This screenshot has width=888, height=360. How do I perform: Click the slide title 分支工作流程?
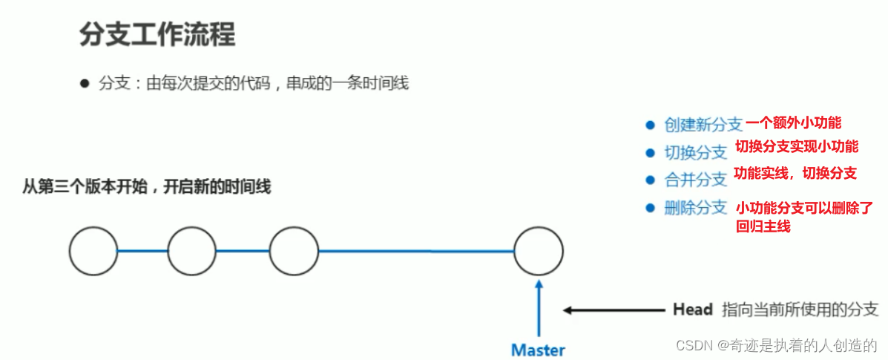[x=157, y=35]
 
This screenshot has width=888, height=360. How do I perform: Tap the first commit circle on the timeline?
[x=93, y=251]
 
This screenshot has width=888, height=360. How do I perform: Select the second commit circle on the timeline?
[x=191, y=251]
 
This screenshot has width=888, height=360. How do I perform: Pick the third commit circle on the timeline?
[x=294, y=251]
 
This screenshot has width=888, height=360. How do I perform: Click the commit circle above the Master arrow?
[x=539, y=251]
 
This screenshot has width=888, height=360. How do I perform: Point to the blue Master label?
[x=539, y=350]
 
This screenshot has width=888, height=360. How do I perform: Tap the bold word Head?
[x=692, y=310]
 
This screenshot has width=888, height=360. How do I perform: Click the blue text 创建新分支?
[x=703, y=125]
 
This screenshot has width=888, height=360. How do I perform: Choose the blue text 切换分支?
[x=695, y=153]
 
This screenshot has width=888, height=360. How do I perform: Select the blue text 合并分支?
[x=695, y=180]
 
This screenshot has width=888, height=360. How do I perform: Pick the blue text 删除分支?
[x=695, y=208]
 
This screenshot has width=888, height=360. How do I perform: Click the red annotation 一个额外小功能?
[x=793, y=123]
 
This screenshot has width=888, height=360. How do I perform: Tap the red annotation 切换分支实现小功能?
[x=796, y=146]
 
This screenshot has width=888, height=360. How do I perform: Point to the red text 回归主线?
[x=763, y=226]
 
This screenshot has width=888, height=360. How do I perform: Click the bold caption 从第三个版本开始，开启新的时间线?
[x=147, y=186]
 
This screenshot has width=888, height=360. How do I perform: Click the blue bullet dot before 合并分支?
[x=651, y=180]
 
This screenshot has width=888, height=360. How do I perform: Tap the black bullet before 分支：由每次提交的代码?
[x=85, y=84]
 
